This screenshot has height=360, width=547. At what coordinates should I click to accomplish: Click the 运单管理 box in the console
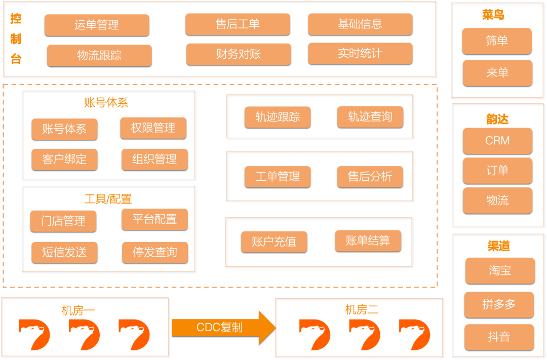97,25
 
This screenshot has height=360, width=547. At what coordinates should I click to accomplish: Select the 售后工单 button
238,24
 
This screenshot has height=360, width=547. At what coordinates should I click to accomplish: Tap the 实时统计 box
360,54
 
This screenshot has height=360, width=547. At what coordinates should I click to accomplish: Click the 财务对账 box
239,54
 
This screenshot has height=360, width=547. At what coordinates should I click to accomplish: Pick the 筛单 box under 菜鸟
497,41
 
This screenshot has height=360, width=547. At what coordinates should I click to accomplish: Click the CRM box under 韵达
497,141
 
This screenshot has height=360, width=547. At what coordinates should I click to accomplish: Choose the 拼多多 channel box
499,304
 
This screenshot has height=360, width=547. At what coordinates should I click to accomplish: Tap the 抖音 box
499,337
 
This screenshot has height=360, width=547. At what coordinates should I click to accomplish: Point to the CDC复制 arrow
223,328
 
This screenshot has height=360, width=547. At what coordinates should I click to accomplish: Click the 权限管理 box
153,128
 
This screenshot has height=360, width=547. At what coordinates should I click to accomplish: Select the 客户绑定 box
64,159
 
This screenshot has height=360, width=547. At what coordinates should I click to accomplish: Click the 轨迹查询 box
370,117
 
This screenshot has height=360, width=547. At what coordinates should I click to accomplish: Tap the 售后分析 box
370,177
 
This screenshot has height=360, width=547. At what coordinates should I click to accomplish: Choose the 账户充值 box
274,242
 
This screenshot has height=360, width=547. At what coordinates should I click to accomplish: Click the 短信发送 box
64,253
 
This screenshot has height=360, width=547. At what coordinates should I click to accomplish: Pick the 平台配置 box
154,219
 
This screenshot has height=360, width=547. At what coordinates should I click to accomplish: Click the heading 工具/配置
108,199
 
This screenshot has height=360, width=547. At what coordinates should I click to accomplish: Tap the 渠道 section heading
498,247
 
